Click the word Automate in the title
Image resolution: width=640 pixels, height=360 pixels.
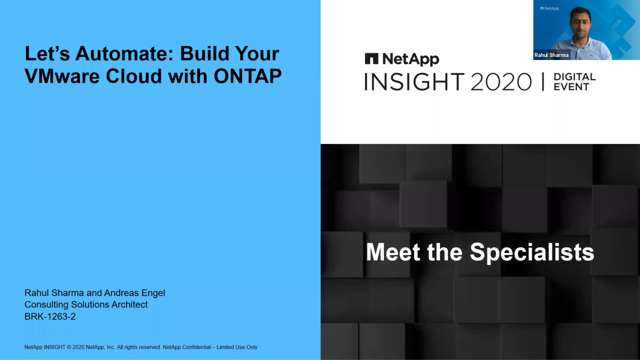(124, 53)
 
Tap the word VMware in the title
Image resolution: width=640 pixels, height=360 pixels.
(61, 76)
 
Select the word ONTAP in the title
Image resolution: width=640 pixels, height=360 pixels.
(247, 76)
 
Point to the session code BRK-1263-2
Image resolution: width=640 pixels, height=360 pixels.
(50, 316)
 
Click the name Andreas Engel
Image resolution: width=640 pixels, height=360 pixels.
(134, 293)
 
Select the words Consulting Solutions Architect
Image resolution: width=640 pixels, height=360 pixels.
(86, 305)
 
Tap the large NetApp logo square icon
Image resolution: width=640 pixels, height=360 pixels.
(371, 58)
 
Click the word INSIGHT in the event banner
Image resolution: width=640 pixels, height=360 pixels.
(414, 82)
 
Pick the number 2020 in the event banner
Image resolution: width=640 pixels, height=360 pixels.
(501, 82)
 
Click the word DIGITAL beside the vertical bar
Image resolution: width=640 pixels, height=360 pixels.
(574, 77)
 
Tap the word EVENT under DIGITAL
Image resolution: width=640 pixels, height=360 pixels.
(571, 87)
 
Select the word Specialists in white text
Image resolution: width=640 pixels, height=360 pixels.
(532, 252)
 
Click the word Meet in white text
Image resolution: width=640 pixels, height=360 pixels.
(393, 252)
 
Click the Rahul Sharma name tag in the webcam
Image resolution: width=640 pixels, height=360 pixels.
(551, 55)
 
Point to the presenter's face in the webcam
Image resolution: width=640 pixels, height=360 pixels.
(580, 23)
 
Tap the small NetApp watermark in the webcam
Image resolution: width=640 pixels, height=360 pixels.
(549, 8)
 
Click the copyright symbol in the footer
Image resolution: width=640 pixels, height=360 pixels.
(68, 347)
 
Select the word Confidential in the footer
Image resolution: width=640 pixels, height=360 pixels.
(196, 347)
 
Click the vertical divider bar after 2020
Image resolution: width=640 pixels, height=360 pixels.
(543, 82)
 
